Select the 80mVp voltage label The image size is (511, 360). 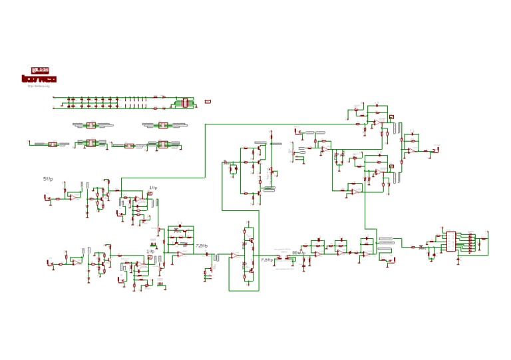click(298, 253)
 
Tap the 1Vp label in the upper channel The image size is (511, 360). click(153, 188)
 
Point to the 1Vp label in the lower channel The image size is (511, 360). click(150, 252)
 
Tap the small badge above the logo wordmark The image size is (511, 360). click(40, 69)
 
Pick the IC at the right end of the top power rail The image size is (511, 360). click(182, 102)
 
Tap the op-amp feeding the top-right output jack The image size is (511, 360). click(412, 151)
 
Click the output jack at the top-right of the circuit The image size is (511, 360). click(436, 150)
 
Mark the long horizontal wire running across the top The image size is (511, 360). click(279, 124)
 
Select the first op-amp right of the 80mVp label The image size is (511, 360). click(318, 254)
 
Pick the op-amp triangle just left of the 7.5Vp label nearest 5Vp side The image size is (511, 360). click(179, 254)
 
